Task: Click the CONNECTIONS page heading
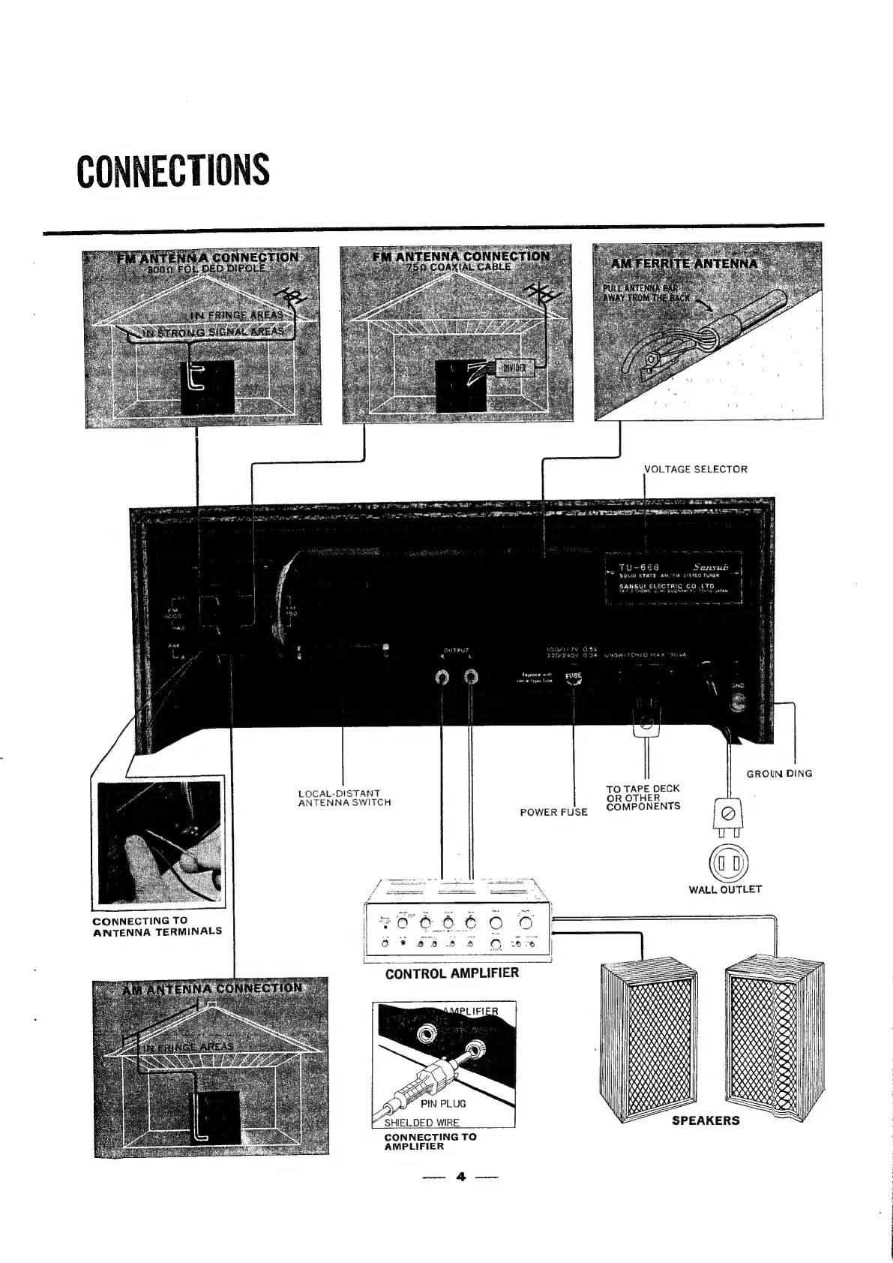click(x=173, y=170)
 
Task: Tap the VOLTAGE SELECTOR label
click(x=697, y=469)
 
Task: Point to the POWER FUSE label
click(x=554, y=812)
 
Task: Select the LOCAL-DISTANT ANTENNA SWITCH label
click(x=344, y=798)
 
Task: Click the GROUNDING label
click(x=779, y=774)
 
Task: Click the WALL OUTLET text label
click(x=725, y=889)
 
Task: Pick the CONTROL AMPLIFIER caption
click(x=451, y=973)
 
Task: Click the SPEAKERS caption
click(x=705, y=1120)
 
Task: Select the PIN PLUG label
click(x=442, y=1103)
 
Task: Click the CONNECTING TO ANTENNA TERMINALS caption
click(x=157, y=926)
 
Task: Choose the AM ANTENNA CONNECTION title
click(x=212, y=988)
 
